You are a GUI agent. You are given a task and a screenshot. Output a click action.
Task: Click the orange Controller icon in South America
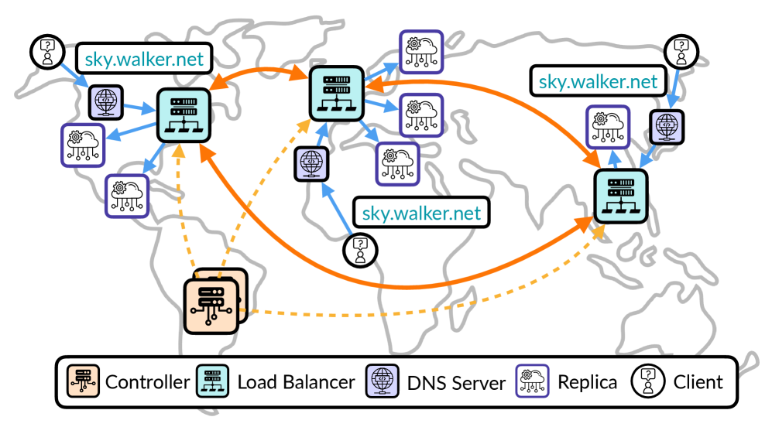pyautogui.click(x=211, y=306)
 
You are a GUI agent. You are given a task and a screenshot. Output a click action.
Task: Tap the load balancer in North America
pyautogui.click(x=184, y=115)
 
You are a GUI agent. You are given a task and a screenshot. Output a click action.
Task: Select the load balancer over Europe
pyautogui.click(x=336, y=93)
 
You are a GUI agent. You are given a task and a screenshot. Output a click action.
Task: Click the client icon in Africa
pyautogui.click(x=359, y=249)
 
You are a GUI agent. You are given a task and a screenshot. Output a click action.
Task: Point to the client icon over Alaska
pyautogui.click(x=47, y=50)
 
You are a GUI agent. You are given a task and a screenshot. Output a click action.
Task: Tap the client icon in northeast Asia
pyautogui.click(x=681, y=51)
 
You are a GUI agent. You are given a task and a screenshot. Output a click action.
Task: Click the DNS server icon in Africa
pyautogui.click(x=311, y=165)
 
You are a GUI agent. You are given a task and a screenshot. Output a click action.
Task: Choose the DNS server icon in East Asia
pyautogui.click(x=665, y=125)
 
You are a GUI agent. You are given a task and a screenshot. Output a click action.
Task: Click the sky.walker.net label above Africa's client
pyautogui.click(x=422, y=213)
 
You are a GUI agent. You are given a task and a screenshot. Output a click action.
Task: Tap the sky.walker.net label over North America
pyautogui.click(x=143, y=59)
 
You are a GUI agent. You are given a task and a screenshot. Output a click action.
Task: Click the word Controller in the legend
pyautogui.click(x=147, y=381)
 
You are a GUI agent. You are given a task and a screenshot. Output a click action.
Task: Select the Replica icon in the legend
pyautogui.click(x=533, y=381)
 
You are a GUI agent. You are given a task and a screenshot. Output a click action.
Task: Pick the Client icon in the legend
pyautogui.click(x=649, y=381)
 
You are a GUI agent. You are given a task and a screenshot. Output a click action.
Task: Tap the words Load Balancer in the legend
pyautogui.click(x=296, y=381)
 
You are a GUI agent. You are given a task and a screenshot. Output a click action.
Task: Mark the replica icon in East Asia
pyautogui.click(x=606, y=126)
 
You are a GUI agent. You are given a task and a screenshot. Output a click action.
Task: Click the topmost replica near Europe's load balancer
pyautogui.click(x=420, y=51)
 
